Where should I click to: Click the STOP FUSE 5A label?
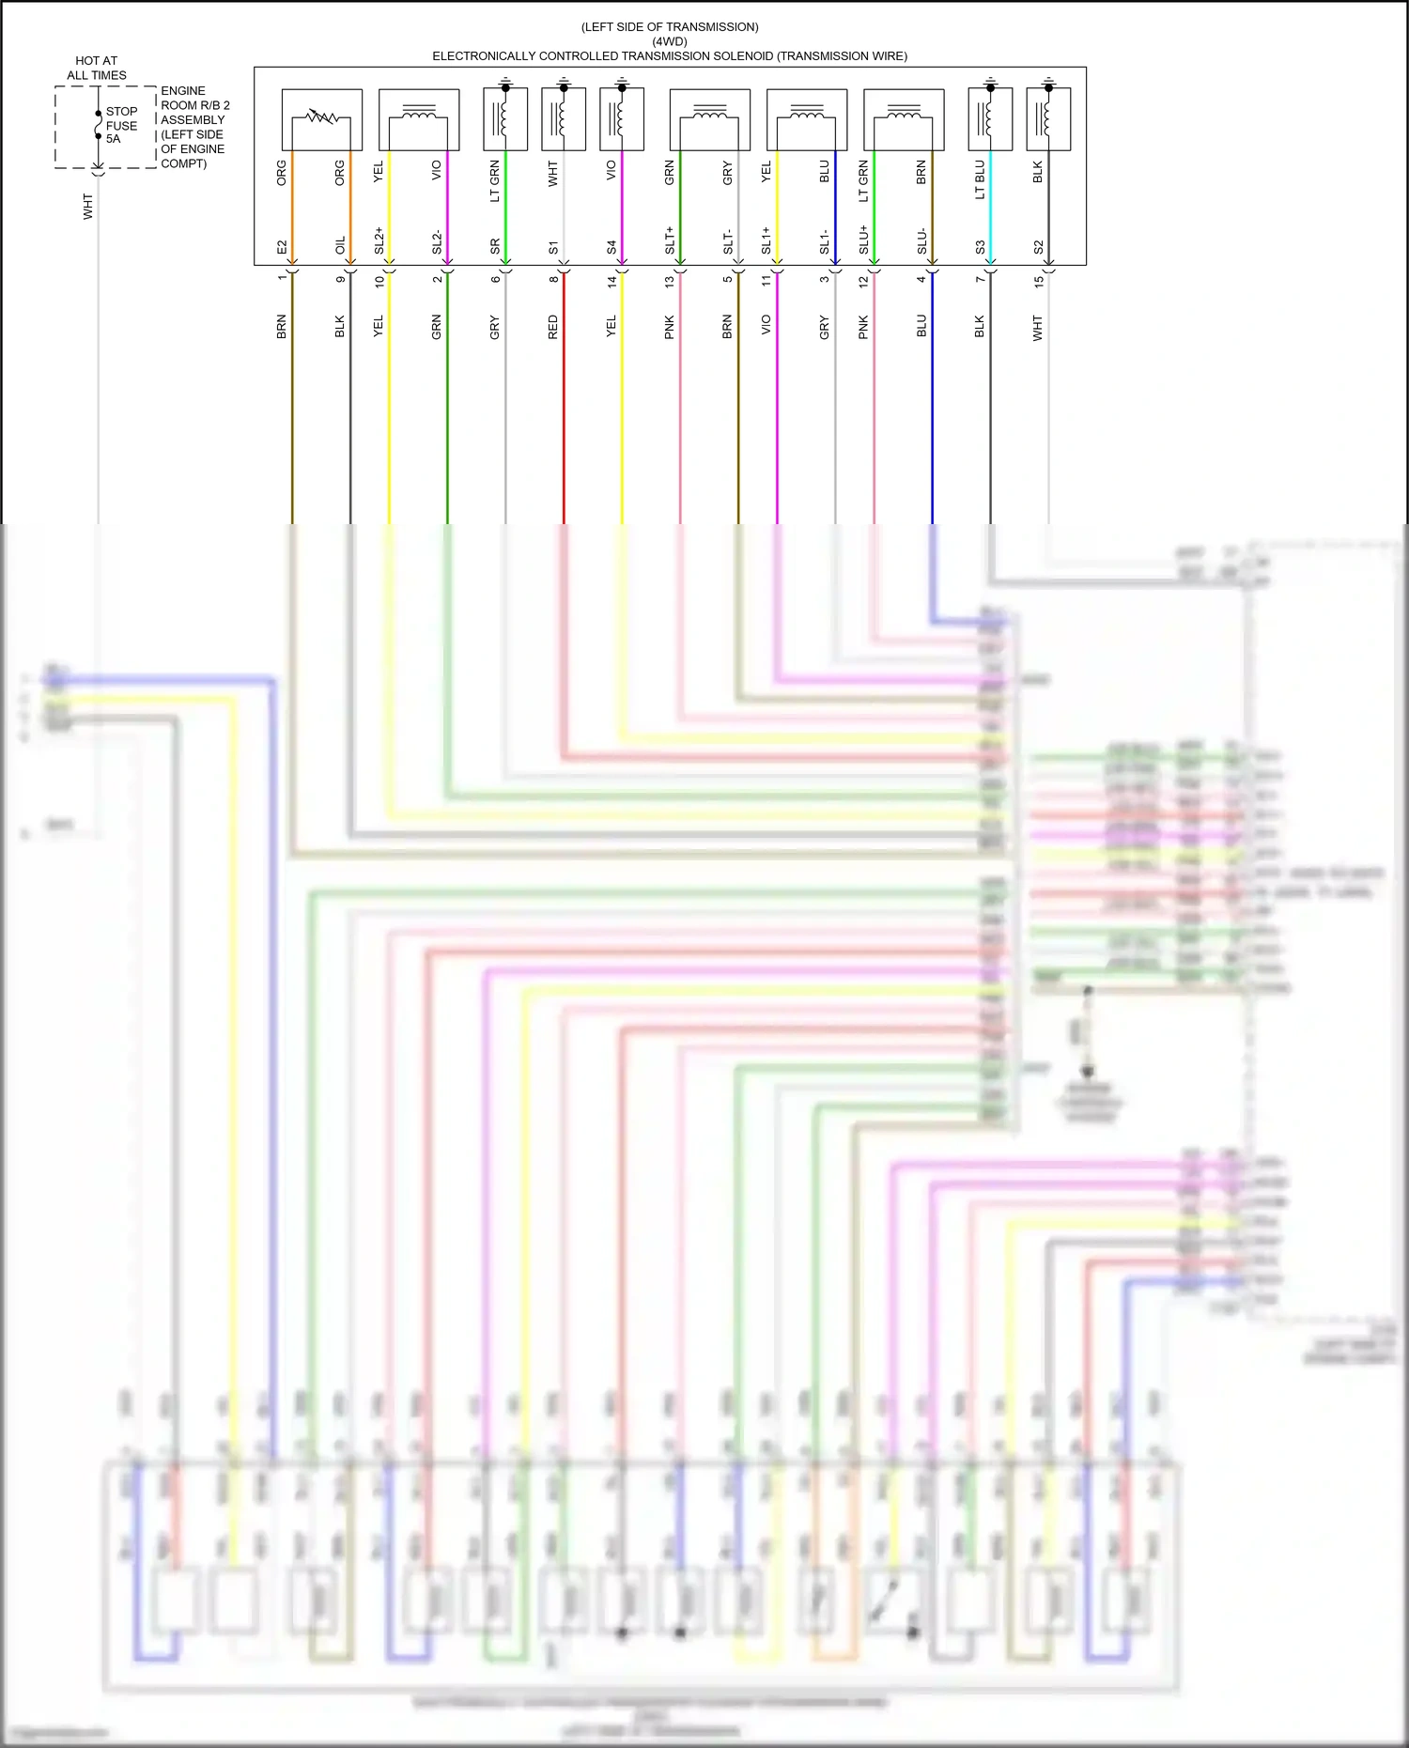[121, 125]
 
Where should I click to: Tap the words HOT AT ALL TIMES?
[97, 68]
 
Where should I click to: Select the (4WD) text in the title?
[670, 41]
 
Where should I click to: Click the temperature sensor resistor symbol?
[321, 117]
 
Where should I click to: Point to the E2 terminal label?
[282, 247]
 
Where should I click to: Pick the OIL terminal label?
[340, 245]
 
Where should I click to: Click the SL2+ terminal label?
[379, 240]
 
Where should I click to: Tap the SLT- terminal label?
[728, 242]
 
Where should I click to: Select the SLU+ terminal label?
[863, 240]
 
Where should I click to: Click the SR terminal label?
[495, 246]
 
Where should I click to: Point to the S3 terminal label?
[980, 247]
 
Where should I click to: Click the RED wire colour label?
[552, 327]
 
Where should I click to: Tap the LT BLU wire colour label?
[980, 179]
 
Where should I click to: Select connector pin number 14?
[612, 280]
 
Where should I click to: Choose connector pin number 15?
[1038, 280]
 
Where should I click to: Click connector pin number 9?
[340, 279]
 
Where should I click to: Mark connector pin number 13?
[670, 280]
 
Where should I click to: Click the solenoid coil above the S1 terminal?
[562, 119]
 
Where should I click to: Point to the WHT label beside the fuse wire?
[88, 207]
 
